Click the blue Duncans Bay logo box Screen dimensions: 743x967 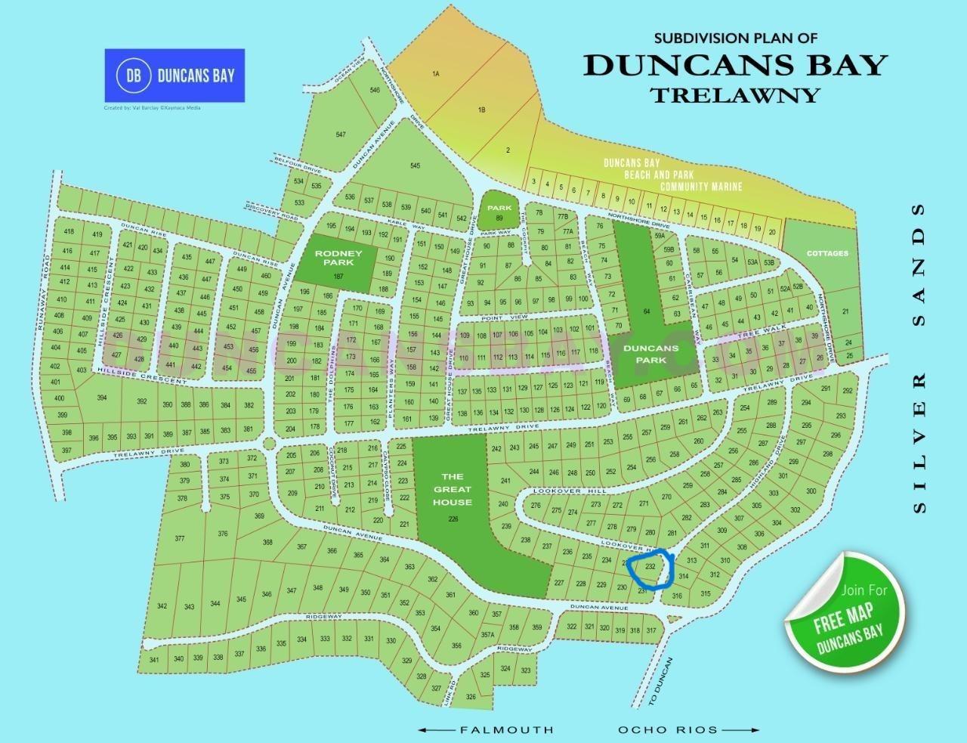point(174,75)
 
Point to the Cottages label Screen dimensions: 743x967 point(827,253)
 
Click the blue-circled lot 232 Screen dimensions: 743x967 point(650,566)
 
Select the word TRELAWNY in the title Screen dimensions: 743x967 point(735,94)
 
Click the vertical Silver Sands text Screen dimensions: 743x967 point(919,358)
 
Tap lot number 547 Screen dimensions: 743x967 point(341,135)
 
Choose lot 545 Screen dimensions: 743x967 point(415,166)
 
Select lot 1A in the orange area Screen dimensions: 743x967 point(435,74)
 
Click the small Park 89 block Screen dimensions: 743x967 point(499,212)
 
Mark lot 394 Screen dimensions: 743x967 point(102,398)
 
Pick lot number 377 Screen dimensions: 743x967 point(179,539)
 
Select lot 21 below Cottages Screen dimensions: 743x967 point(845,311)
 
